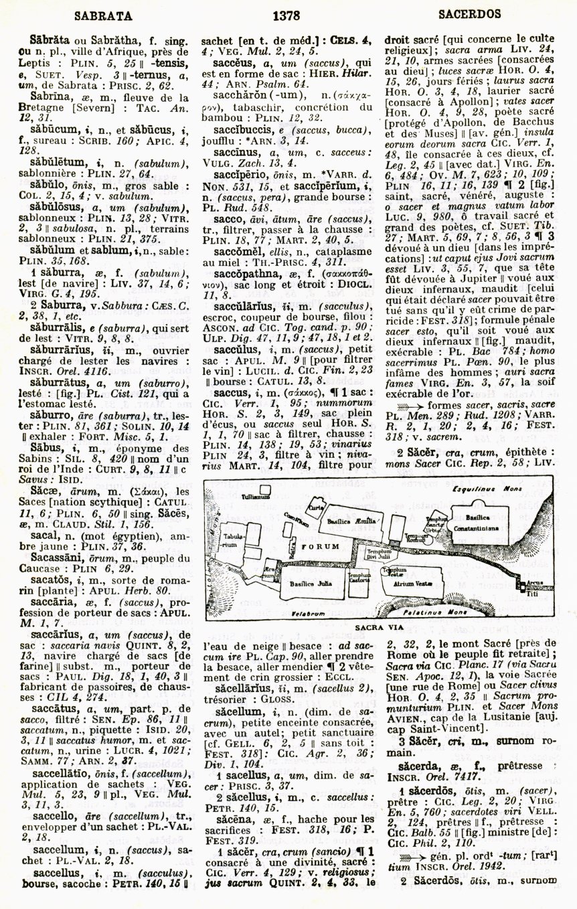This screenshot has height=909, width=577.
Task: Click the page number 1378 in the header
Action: tap(286, 13)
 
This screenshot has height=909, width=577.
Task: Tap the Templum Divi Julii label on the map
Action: tap(378, 553)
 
